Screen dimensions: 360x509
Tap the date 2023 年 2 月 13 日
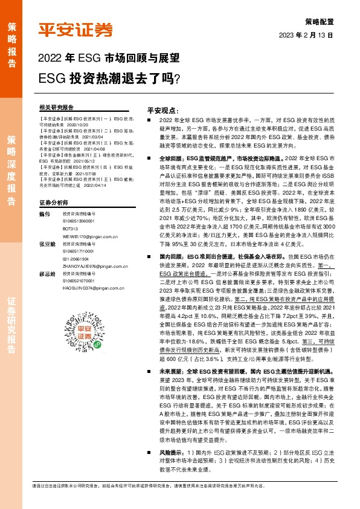pos(306,35)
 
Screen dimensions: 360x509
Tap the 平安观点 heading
pos(147,111)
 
